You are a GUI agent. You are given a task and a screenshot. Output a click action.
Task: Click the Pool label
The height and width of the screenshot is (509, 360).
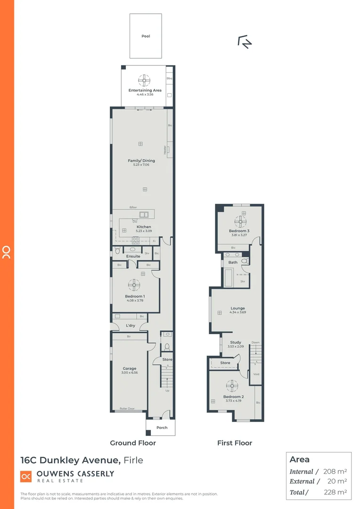tap(146, 36)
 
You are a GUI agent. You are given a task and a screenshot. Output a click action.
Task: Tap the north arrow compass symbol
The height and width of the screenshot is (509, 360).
tap(245, 42)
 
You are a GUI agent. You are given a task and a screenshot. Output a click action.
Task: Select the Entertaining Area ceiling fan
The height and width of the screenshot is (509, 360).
tap(145, 79)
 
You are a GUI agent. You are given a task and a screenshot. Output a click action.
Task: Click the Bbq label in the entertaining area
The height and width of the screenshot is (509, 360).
tap(169, 78)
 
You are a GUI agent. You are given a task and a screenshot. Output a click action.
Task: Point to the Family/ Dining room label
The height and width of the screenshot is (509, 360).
tap(141, 161)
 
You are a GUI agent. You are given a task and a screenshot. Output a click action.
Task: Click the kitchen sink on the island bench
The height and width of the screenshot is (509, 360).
tap(144, 215)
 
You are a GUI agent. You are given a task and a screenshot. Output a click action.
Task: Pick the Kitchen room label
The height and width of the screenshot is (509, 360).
tap(144, 227)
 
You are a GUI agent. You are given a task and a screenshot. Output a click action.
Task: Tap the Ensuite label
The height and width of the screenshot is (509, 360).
tap(133, 256)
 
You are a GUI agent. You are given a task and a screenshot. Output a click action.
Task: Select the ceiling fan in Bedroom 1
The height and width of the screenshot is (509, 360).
tap(134, 284)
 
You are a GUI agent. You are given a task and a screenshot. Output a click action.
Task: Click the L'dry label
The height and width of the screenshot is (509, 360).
tap(131, 326)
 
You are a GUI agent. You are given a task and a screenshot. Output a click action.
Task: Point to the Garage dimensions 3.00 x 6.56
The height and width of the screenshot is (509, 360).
tap(130, 373)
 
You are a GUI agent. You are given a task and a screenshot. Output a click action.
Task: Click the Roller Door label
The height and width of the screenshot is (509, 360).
tap(127, 409)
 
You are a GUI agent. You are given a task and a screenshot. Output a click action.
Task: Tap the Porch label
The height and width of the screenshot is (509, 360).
tap(162, 428)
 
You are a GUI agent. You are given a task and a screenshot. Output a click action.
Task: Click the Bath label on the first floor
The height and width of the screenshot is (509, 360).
tap(233, 263)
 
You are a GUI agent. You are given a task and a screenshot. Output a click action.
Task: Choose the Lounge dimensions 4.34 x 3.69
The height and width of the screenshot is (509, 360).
tap(237, 312)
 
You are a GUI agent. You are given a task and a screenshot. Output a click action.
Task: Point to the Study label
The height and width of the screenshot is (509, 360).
tap(236, 343)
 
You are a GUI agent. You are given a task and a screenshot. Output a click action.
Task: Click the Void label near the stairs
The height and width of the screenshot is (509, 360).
tap(256, 374)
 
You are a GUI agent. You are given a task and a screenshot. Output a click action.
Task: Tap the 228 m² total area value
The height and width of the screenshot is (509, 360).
tap(335, 492)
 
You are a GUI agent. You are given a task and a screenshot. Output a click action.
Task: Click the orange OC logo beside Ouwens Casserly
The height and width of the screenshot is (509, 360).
tap(26, 476)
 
